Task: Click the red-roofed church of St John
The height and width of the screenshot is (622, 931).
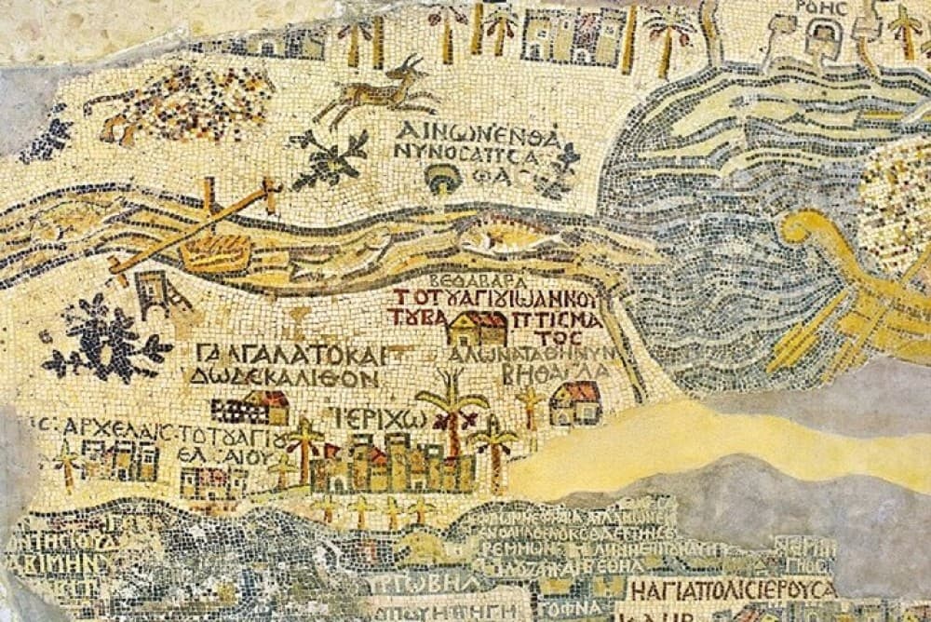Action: [x=476, y=327]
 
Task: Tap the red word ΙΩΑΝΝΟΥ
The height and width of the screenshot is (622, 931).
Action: [x=558, y=299]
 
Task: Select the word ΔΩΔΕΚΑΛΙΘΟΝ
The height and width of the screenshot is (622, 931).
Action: [x=283, y=379]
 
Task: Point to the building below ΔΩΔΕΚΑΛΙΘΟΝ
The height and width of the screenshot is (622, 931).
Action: [x=250, y=408]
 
